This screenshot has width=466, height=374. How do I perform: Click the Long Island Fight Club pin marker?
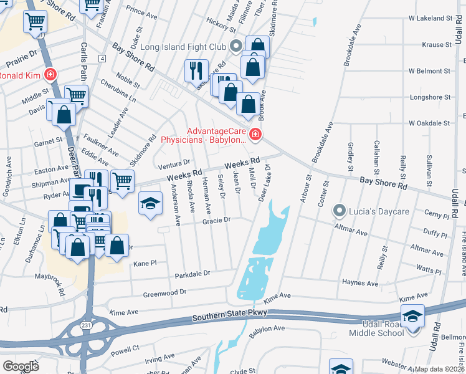pyautogui.click(x=235, y=45)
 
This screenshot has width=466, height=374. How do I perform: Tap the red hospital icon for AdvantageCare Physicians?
pyautogui.click(x=255, y=134)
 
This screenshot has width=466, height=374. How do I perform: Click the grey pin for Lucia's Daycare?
pyautogui.click(x=340, y=211)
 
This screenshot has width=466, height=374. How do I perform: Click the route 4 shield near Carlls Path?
pyautogui.click(x=102, y=58)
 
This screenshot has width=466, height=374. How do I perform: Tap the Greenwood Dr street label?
pyautogui.click(x=164, y=292)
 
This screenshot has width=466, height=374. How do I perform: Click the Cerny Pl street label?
pyautogui.click(x=436, y=216)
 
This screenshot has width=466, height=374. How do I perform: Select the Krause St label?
pyautogui.click(x=436, y=45)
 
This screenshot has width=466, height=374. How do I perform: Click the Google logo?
pyautogui.click(x=21, y=366)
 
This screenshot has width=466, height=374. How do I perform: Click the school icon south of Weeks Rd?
pyautogui.click(x=150, y=204)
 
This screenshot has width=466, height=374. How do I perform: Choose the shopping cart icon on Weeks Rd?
pyautogui.click(x=123, y=180)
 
